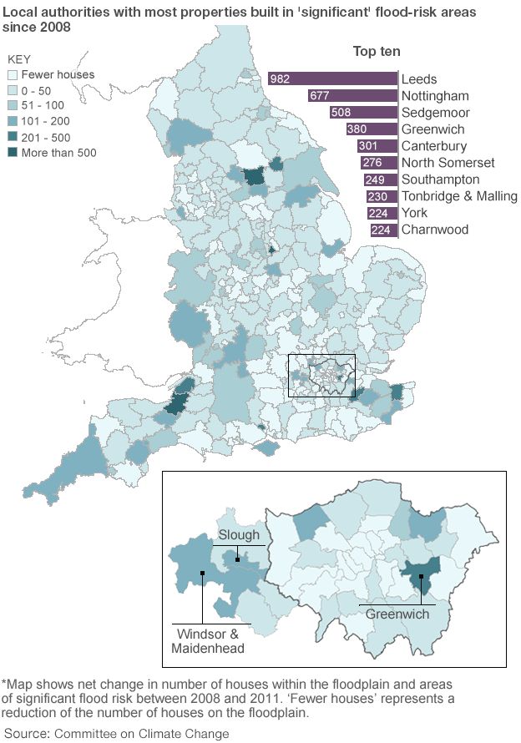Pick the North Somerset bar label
(448, 163)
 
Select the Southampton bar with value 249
(380, 179)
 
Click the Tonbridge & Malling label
(459, 196)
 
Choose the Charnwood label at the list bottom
(435, 230)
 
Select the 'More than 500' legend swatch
(13, 153)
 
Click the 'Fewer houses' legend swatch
(13, 74)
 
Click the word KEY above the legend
(20, 58)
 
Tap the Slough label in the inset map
(239, 535)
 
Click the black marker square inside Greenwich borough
(422, 576)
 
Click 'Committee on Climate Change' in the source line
(141, 733)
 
